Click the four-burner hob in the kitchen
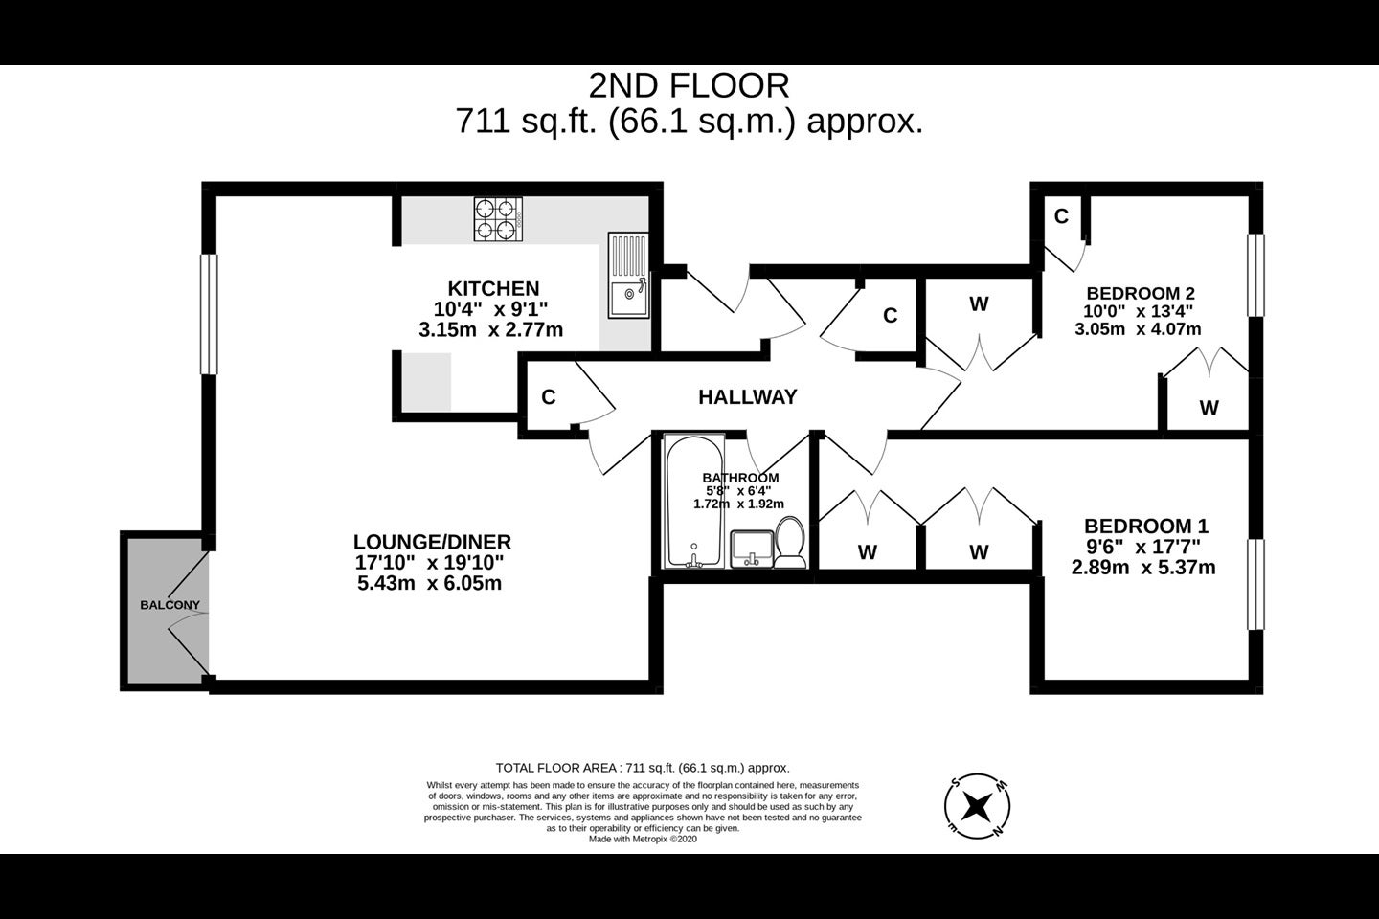[x=498, y=219]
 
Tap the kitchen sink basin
[x=628, y=298]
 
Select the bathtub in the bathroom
[x=693, y=501]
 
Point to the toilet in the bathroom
[x=790, y=542]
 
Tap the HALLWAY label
[x=747, y=397]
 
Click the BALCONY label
[x=170, y=605]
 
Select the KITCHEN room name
[x=494, y=288]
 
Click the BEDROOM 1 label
[x=1146, y=527]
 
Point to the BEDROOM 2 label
[x=1141, y=293]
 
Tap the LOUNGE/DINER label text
[x=432, y=542]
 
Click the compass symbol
[x=977, y=806]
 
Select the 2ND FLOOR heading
[x=689, y=86]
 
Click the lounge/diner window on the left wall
[x=209, y=314]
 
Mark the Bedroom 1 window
[x=1255, y=584]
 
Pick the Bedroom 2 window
[x=1255, y=275]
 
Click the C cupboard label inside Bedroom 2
[x=1061, y=216]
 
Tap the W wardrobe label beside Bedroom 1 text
[x=979, y=552]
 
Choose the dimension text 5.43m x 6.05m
[x=430, y=583]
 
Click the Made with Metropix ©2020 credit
[x=643, y=839]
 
